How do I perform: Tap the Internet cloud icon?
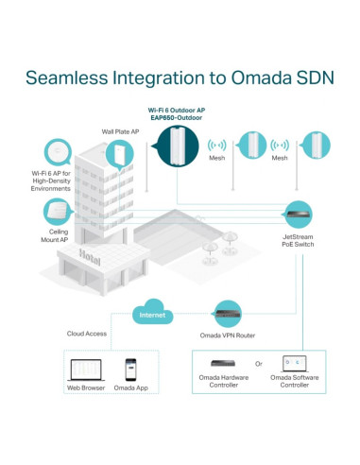tap(153, 312)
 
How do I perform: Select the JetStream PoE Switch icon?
tap(299, 215)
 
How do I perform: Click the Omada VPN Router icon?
tap(228, 314)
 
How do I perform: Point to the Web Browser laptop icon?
tap(86, 370)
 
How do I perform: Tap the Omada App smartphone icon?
tap(130, 370)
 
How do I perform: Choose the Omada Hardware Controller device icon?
tap(223, 363)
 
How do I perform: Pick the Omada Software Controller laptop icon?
tap(295, 364)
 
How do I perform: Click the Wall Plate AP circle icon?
tap(120, 155)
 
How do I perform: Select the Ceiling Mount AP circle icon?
tap(58, 212)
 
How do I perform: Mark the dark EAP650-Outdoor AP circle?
tap(178, 146)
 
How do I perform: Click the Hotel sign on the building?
tap(90, 257)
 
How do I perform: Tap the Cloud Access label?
tap(87, 334)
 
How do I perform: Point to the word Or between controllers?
tap(259, 364)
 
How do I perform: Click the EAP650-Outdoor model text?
tap(177, 118)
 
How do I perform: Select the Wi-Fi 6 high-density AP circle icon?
tap(58, 152)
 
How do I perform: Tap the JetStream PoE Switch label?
tap(298, 240)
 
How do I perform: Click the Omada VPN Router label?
tap(228, 336)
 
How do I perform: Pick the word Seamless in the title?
tap(67, 77)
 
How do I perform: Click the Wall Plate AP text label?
tap(120, 131)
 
